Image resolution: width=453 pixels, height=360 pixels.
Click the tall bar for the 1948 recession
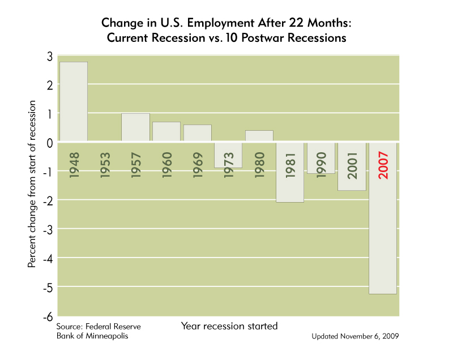74,101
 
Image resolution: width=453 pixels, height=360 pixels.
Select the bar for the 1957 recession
135,127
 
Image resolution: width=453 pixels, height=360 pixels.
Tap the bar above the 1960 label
166,131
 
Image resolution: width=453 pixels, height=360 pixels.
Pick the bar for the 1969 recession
198,133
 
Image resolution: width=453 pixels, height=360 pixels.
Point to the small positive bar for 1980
259,136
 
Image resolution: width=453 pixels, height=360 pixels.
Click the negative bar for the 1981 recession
290,172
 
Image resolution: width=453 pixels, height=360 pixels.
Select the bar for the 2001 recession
352,166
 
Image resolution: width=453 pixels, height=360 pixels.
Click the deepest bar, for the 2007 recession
383,218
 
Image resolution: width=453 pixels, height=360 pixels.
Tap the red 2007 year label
383,165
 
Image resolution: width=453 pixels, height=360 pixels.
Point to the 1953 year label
105,165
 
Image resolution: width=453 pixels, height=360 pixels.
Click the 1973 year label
229,165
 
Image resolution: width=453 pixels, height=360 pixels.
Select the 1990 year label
322,165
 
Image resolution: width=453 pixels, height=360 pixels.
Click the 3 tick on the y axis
50,57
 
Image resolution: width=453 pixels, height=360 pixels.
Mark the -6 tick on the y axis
48,317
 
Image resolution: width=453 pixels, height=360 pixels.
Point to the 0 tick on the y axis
50,143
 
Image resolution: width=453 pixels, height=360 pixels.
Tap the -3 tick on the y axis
48,230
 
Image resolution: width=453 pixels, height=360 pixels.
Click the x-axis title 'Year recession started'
229,326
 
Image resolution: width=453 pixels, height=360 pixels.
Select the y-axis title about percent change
32,184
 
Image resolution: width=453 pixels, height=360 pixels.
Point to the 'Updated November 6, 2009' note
355,336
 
